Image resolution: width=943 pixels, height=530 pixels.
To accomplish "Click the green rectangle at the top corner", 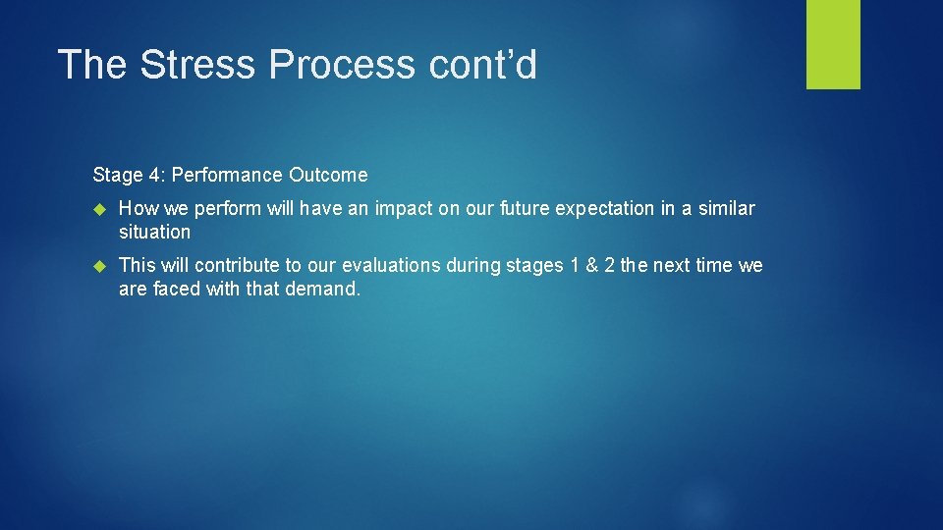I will point(833,44).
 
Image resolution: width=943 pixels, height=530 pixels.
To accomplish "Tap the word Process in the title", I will point(343,65).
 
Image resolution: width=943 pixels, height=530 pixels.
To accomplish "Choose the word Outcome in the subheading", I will point(328,176).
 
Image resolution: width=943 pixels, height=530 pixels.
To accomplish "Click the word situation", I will point(154,233).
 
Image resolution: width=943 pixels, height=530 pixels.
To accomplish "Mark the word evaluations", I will point(392,266).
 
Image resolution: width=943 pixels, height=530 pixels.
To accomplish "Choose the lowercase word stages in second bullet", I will point(534,266).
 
